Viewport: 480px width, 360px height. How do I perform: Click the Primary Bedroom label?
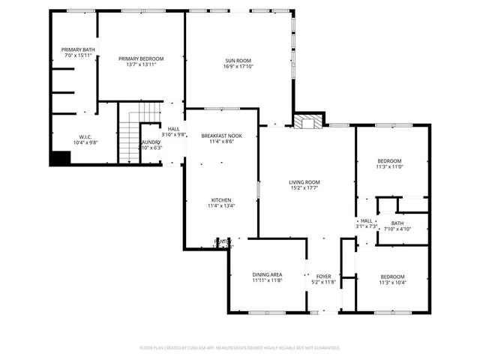(x=141, y=58)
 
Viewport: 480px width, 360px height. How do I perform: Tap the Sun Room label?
(x=238, y=60)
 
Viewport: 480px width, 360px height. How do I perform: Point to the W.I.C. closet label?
(x=84, y=136)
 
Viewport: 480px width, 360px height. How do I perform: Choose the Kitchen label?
(x=220, y=200)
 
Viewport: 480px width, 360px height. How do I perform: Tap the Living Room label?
(x=304, y=182)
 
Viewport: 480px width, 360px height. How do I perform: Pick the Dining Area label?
(x=266, y=276)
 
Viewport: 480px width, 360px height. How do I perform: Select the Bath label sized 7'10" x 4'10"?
(x=396, y=223)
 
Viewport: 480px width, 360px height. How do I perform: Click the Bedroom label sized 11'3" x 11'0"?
(x=389, y=161)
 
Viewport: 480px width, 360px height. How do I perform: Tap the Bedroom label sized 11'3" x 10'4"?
(x=391, y=277)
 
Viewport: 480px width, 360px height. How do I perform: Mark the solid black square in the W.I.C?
(x=59, y=157)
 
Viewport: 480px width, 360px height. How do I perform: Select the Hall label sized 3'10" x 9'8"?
(x=173, y=129)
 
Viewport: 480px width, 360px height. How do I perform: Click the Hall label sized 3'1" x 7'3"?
(x=366, y=220)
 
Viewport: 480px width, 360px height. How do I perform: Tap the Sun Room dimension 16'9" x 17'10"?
(x=238, y=66)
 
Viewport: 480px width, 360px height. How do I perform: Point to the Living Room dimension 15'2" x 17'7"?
(x=304, y=188)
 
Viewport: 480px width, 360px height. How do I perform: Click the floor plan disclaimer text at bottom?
(x=239, y=348)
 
